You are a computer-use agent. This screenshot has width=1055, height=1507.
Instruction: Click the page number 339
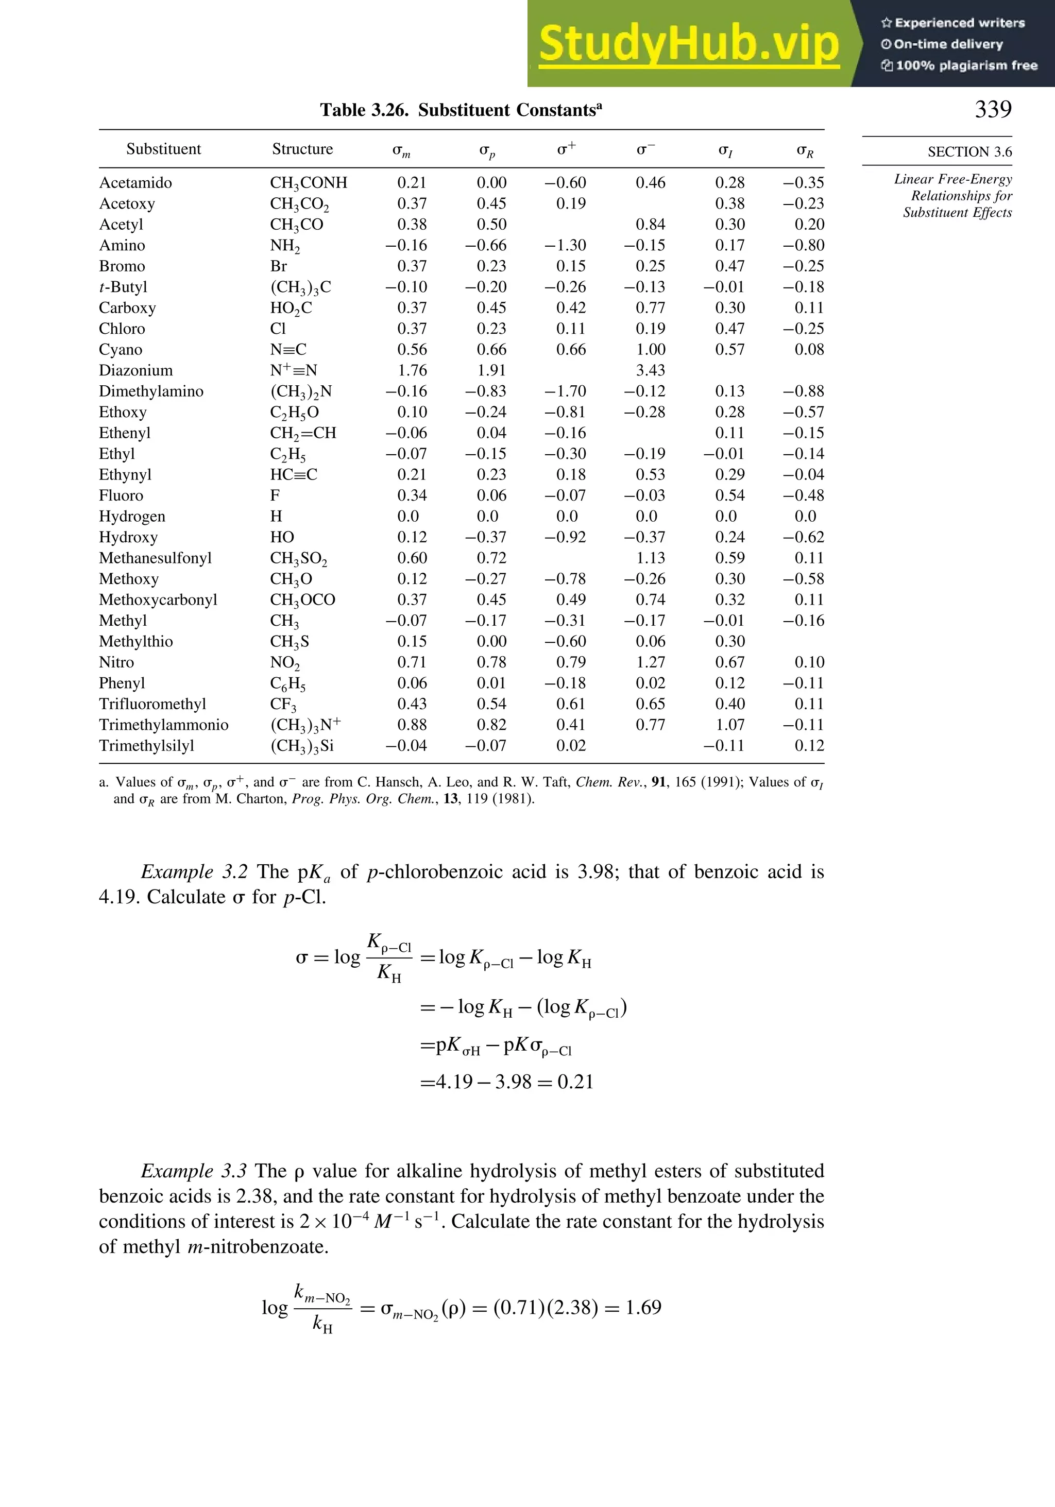993,109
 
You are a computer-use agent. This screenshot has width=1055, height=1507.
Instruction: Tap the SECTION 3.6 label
969,151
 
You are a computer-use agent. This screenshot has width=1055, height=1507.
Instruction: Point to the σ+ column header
566,149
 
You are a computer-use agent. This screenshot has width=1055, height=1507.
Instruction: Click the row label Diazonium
135,370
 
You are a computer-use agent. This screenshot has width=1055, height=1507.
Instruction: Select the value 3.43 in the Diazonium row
650,370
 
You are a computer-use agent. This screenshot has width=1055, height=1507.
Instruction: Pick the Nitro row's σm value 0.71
412,662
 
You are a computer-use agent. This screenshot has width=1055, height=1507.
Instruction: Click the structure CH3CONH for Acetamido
309,183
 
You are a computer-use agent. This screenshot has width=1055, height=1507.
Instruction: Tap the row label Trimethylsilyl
146,746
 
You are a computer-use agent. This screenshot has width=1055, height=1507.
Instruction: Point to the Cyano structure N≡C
288,350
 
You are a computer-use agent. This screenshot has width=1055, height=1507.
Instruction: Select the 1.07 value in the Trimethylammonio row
729,725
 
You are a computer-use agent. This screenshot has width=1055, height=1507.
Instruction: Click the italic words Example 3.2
194,871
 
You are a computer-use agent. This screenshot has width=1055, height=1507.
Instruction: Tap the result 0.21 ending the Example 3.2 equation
575,1082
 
